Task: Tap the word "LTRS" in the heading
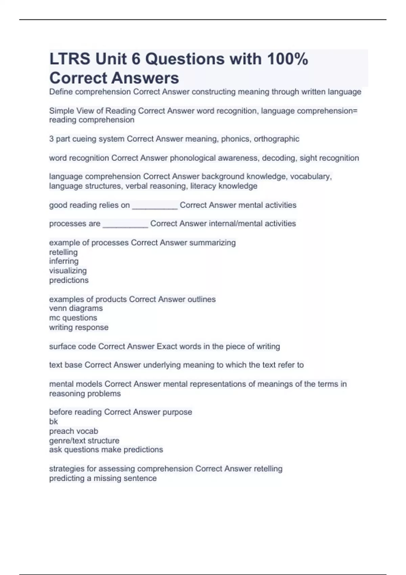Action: point(70,59)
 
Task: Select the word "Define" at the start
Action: point(61,92)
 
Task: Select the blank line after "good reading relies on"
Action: point(155,206)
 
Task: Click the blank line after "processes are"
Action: point(125,224)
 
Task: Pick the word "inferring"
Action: point(64,261)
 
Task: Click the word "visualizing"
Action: point(68,271)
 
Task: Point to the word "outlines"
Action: point(202,299)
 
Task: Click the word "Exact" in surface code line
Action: point(165,346)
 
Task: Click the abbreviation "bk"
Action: point(53,421)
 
